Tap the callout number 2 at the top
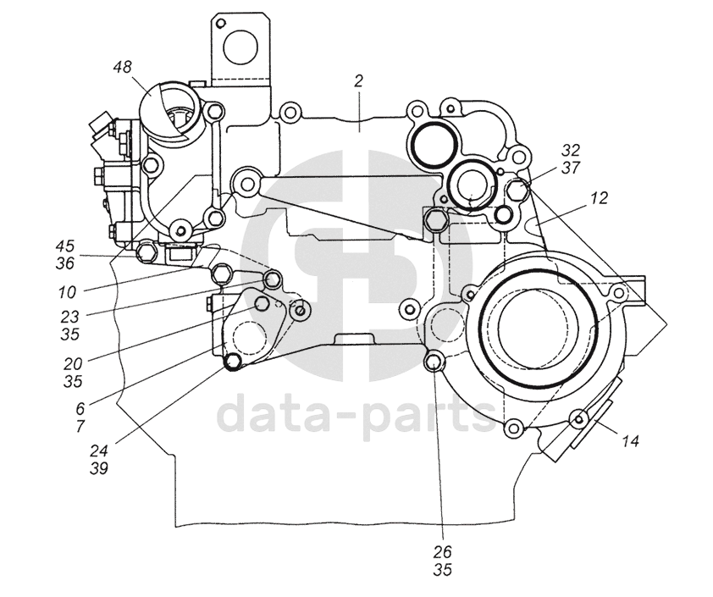[359, 80]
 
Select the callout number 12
[600, 198]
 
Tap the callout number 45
[65, 247]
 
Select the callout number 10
[68, 292]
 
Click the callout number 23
[70, 317]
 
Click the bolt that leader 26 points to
[433, 363]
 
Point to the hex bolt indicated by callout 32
[519, 191]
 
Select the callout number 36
[65, 263]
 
